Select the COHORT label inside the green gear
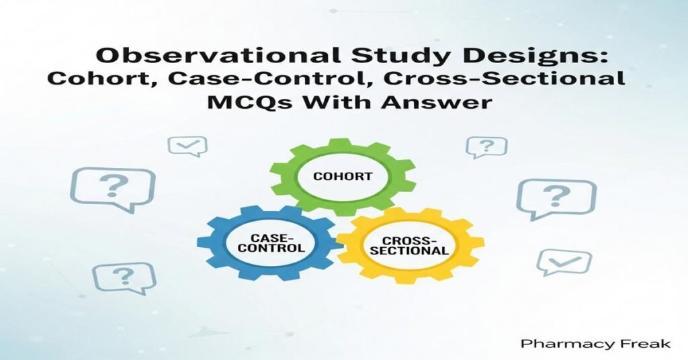click(x=343, y=177)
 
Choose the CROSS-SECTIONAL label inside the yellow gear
click(x=410, y=245)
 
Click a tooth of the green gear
click(x=343, y=142)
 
